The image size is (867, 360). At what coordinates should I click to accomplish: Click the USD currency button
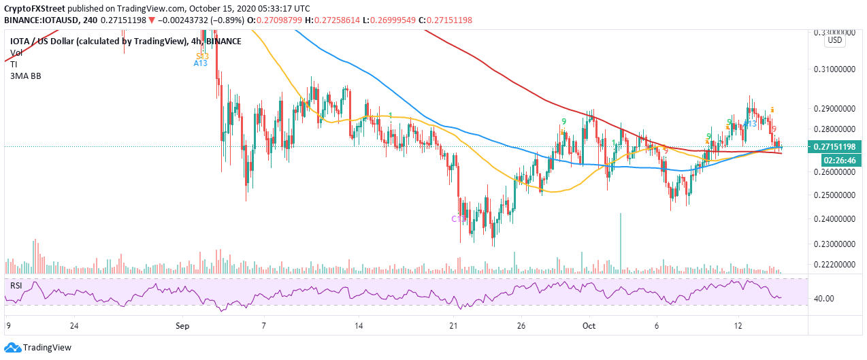pos(835,40)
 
